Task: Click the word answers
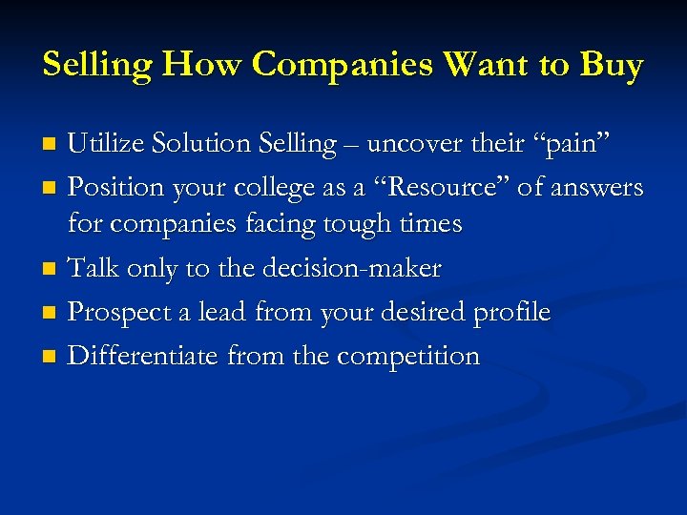pos(597,189)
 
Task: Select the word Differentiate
pos(144,356)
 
